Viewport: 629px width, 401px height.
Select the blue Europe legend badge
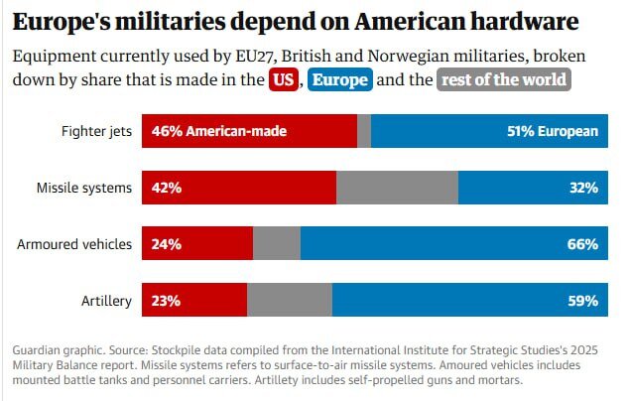(x=340, y=80)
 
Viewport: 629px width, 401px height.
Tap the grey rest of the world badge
(x=504, y=80)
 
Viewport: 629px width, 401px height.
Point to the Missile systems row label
(x=85, y=188)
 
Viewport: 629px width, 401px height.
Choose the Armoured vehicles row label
(x=74, y=243)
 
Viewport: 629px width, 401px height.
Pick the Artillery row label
(x=107, y=300)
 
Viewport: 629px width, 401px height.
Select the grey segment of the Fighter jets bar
(x=364, y=131)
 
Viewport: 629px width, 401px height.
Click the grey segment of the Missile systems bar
(x=398, y=188)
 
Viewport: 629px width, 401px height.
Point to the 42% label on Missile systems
(x=166, y=188)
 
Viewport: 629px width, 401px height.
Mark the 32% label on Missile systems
(x=584, y=188)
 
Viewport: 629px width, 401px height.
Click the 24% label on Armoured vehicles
(x=166, y=243)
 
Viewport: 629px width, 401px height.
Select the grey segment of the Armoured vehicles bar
(x=277, y=243)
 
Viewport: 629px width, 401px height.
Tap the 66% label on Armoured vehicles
(x=584, y=243)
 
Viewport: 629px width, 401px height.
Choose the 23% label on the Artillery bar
(x=166, y=300)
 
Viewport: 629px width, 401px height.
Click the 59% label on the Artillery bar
(x=584, y=300)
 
